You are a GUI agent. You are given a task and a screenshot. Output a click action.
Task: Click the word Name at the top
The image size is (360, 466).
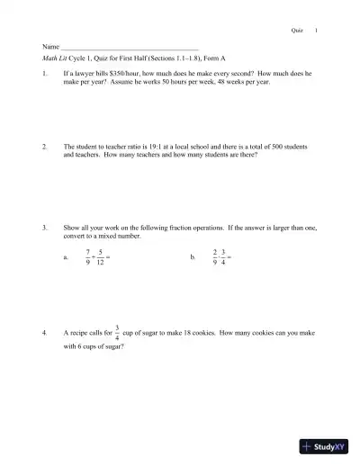point(50,46)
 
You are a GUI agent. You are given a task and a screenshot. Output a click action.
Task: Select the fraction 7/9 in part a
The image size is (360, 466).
point(87,257)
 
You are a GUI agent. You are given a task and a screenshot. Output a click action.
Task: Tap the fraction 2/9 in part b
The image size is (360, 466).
point(213,257)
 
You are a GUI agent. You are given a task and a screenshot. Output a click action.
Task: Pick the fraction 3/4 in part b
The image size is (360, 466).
point(224,257)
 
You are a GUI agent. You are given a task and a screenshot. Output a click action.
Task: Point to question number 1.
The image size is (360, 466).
point(45,72)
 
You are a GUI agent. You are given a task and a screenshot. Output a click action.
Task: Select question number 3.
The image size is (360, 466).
point(45,228)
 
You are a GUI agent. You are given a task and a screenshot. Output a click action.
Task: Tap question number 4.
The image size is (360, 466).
point(45,334)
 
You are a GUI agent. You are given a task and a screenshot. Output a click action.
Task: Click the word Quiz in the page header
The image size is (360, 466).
point(297,30)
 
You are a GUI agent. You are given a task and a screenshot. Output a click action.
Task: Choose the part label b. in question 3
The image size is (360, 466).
point(193,258)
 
